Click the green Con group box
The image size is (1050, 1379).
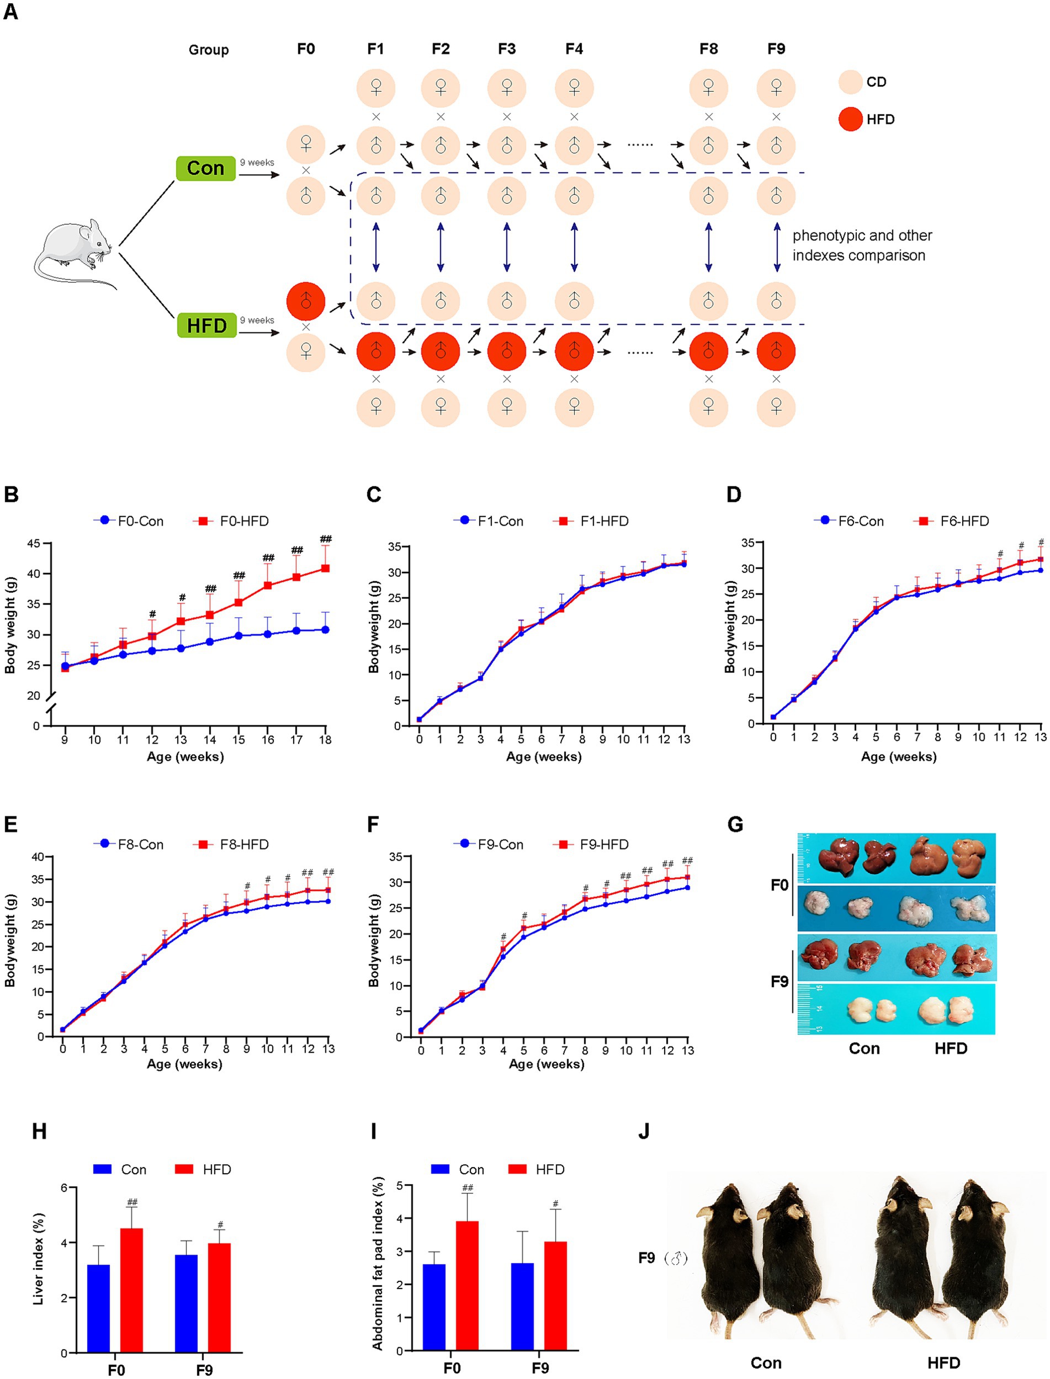point(205,169)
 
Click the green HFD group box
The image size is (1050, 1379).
point(207,326)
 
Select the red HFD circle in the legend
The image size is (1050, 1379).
point(851,119)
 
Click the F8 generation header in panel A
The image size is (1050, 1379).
point(708,49)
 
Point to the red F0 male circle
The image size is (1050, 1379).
point(306,302)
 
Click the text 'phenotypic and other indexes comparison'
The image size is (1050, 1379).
point(861,246)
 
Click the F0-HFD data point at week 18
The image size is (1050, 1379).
point(326,568)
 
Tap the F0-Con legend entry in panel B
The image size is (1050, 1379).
point(130,521)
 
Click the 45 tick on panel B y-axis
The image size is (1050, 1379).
point(33,544)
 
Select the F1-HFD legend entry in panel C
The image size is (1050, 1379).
point(591,521)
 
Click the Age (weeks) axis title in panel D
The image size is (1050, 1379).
point(898,757)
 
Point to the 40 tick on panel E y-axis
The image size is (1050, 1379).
point(38,857)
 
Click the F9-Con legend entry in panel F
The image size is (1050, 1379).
point(489,845)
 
